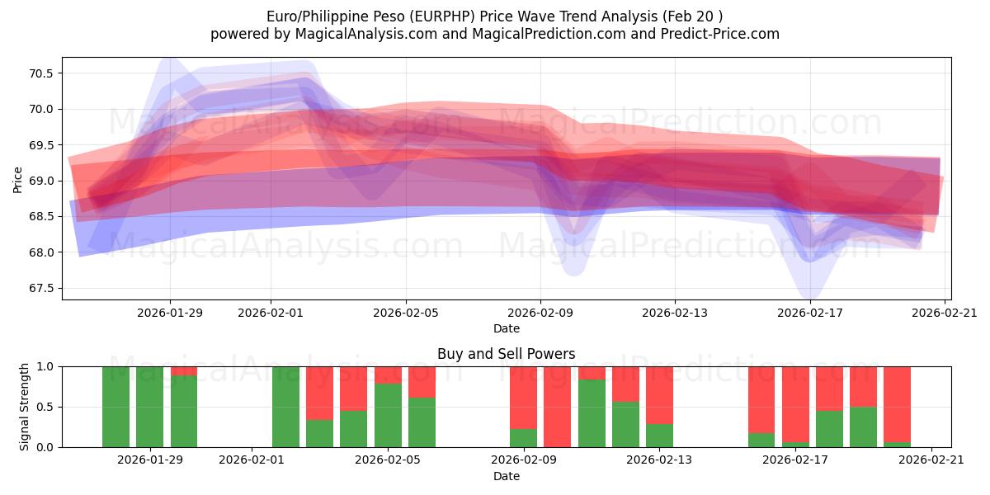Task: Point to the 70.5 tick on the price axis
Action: [x=40, y=73]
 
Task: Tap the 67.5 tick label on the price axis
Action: [x=40, y=288]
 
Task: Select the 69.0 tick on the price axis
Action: [x=40, y=181]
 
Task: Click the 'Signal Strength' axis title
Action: [x=25, y=407]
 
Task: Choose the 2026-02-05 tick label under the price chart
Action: [x=405, y=313]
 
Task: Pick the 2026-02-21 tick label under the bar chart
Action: [x=931, y=460]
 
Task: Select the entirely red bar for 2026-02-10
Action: [x=557, y=407]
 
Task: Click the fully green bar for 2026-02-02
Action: [x=285, y=407]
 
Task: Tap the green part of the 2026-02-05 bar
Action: [x=388, y=416]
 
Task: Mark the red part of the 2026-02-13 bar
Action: [x=659, y=394]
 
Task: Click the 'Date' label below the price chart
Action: [x=506, y=328]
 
